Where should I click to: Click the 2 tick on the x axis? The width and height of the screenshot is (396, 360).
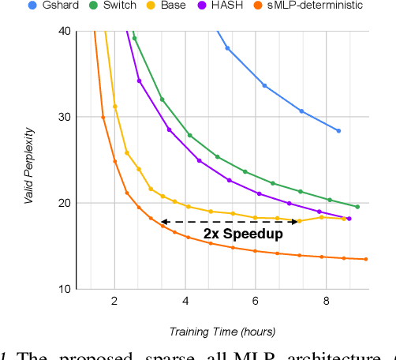pyautogui.click(x=114, y=302)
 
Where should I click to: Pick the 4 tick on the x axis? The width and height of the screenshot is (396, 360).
pyautogui.click(x=185, y=302)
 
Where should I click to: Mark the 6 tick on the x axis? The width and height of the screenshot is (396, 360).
pyautogui.click(x=256, y=302)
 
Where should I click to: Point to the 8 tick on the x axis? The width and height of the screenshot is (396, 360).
pyautogui.click(x=327, y=302)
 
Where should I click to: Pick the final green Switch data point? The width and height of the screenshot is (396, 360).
pyautogui.click(x=357, y=207)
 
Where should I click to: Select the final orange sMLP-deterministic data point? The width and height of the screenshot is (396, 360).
pyautogui.click(x=366, y=259)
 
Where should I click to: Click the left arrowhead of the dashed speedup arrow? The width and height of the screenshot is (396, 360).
pyautogui.click(x=163, y=222)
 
